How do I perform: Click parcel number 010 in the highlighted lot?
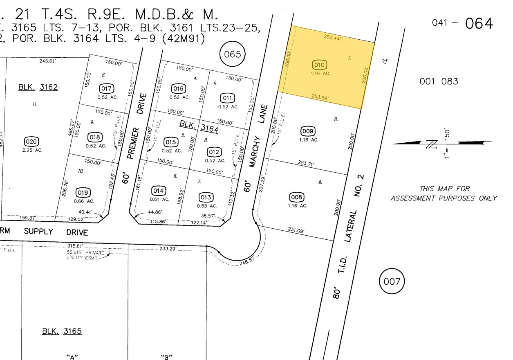tap(319, 65)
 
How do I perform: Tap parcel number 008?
tap(297, 198)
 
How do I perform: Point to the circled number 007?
tap(392, 281)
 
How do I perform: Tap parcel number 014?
tap(159, 191)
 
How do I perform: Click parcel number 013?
tap(206, 198)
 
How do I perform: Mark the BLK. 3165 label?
tap(62, 331)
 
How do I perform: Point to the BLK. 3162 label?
tap(38, 87)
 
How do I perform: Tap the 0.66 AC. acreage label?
tap(84, 201)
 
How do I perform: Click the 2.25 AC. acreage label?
tap(32, 150)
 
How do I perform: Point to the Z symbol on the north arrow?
tap(431, 144)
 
